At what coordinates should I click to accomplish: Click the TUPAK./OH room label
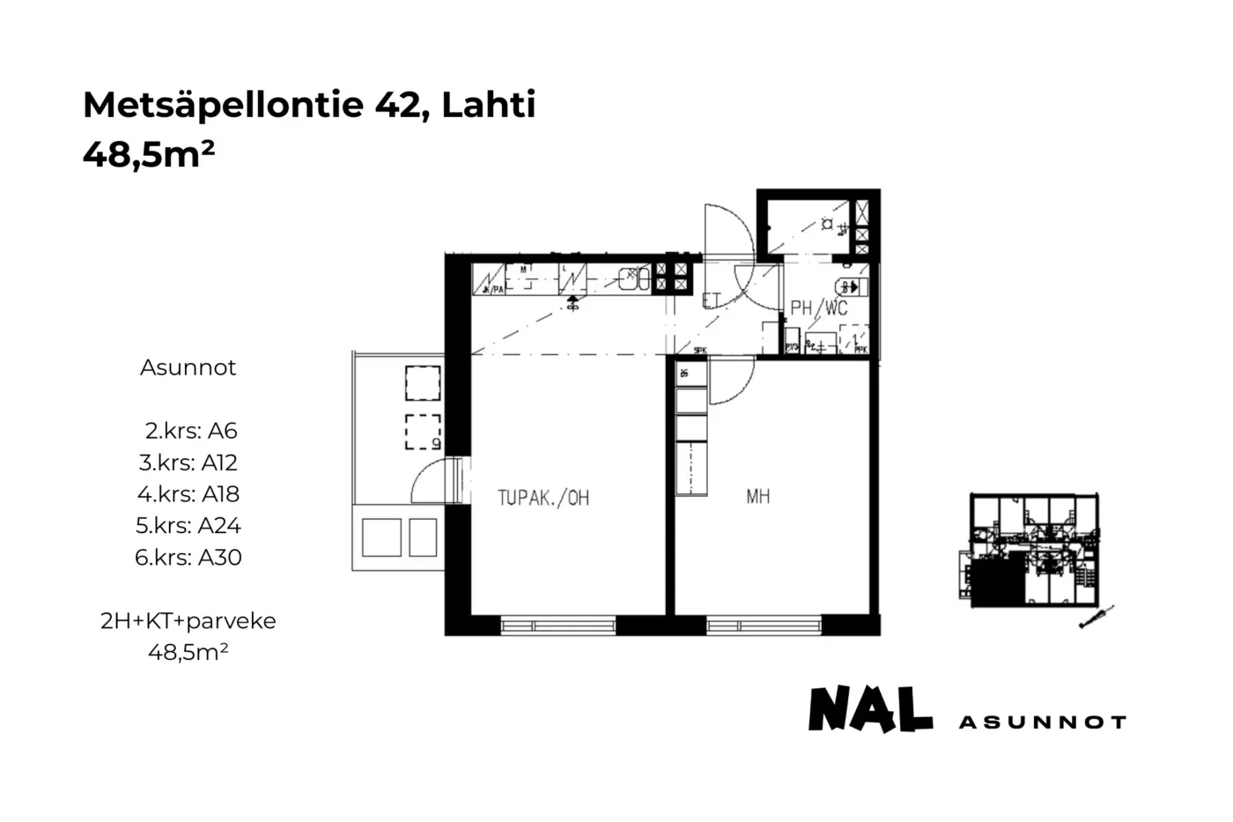(543, 498)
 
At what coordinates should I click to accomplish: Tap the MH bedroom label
(757, 497)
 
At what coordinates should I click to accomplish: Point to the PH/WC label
(818, 307)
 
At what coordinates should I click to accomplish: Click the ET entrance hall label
(712, 300)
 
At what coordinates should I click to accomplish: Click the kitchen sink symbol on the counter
(633, 279)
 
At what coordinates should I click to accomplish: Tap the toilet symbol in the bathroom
(850, 286)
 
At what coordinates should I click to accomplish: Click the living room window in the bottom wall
(558, 626)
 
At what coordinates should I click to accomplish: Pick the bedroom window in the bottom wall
(764, 626)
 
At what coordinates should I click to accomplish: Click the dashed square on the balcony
(423, 431)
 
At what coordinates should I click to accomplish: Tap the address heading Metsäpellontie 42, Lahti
(309, 105)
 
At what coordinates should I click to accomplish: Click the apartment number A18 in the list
(220, 494)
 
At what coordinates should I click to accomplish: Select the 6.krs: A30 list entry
(188, 558)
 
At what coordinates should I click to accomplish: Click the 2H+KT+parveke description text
(188, 621)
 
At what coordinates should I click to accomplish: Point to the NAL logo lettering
(870, 709)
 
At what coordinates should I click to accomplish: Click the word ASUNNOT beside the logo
(1042, 722)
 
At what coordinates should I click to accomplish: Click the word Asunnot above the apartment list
(188, 367)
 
